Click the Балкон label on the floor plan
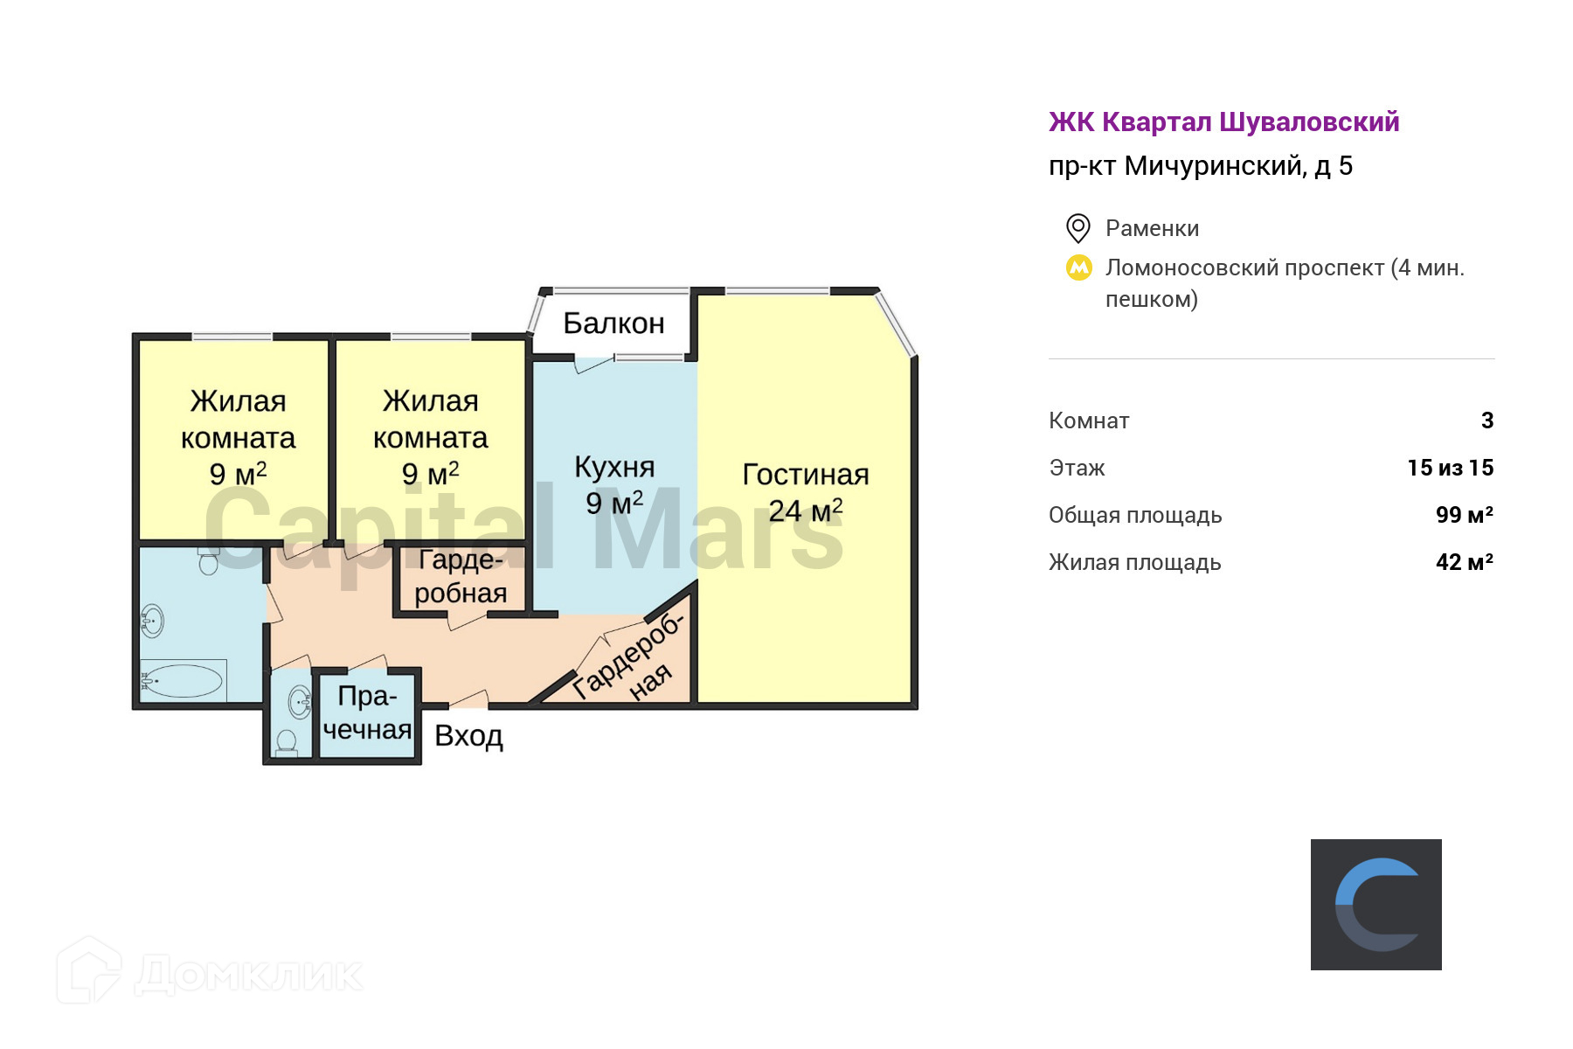pyautogui.click(x=613, y=323)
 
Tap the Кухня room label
pyautogui.click(x=614, y=468)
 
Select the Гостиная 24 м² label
pyautogui.click(x=805, y=492)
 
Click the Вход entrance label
pyautogui.click(x=468, y=736)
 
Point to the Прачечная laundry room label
pyautogui.click(x=367, y=712)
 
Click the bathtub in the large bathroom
pyautogui.click(x=183, y=680)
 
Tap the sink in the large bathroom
pyautogui.click(x=152, y=622)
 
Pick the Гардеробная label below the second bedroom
pyautogui.click(x=461, y=576)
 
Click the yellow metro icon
pyautogui.click(x=1078, y=267)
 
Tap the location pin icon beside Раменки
pyautogui.click(x=1078, y=228)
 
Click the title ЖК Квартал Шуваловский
pyautogui.click(x=1223, y=122)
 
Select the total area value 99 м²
pyautogui.click(x=1464, y=515)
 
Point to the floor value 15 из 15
pyautogui.click(x=1450, y=468)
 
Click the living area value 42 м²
pyautogui.click(x=1464, y=562)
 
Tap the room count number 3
pyautogui.click(x=1487, y=420)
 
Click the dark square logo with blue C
pyautogui.click(x=1376, y=904)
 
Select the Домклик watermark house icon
pyautogui.click(x=88, y=970)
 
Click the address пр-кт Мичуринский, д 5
pyautogui.click(x=1200, y=166)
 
